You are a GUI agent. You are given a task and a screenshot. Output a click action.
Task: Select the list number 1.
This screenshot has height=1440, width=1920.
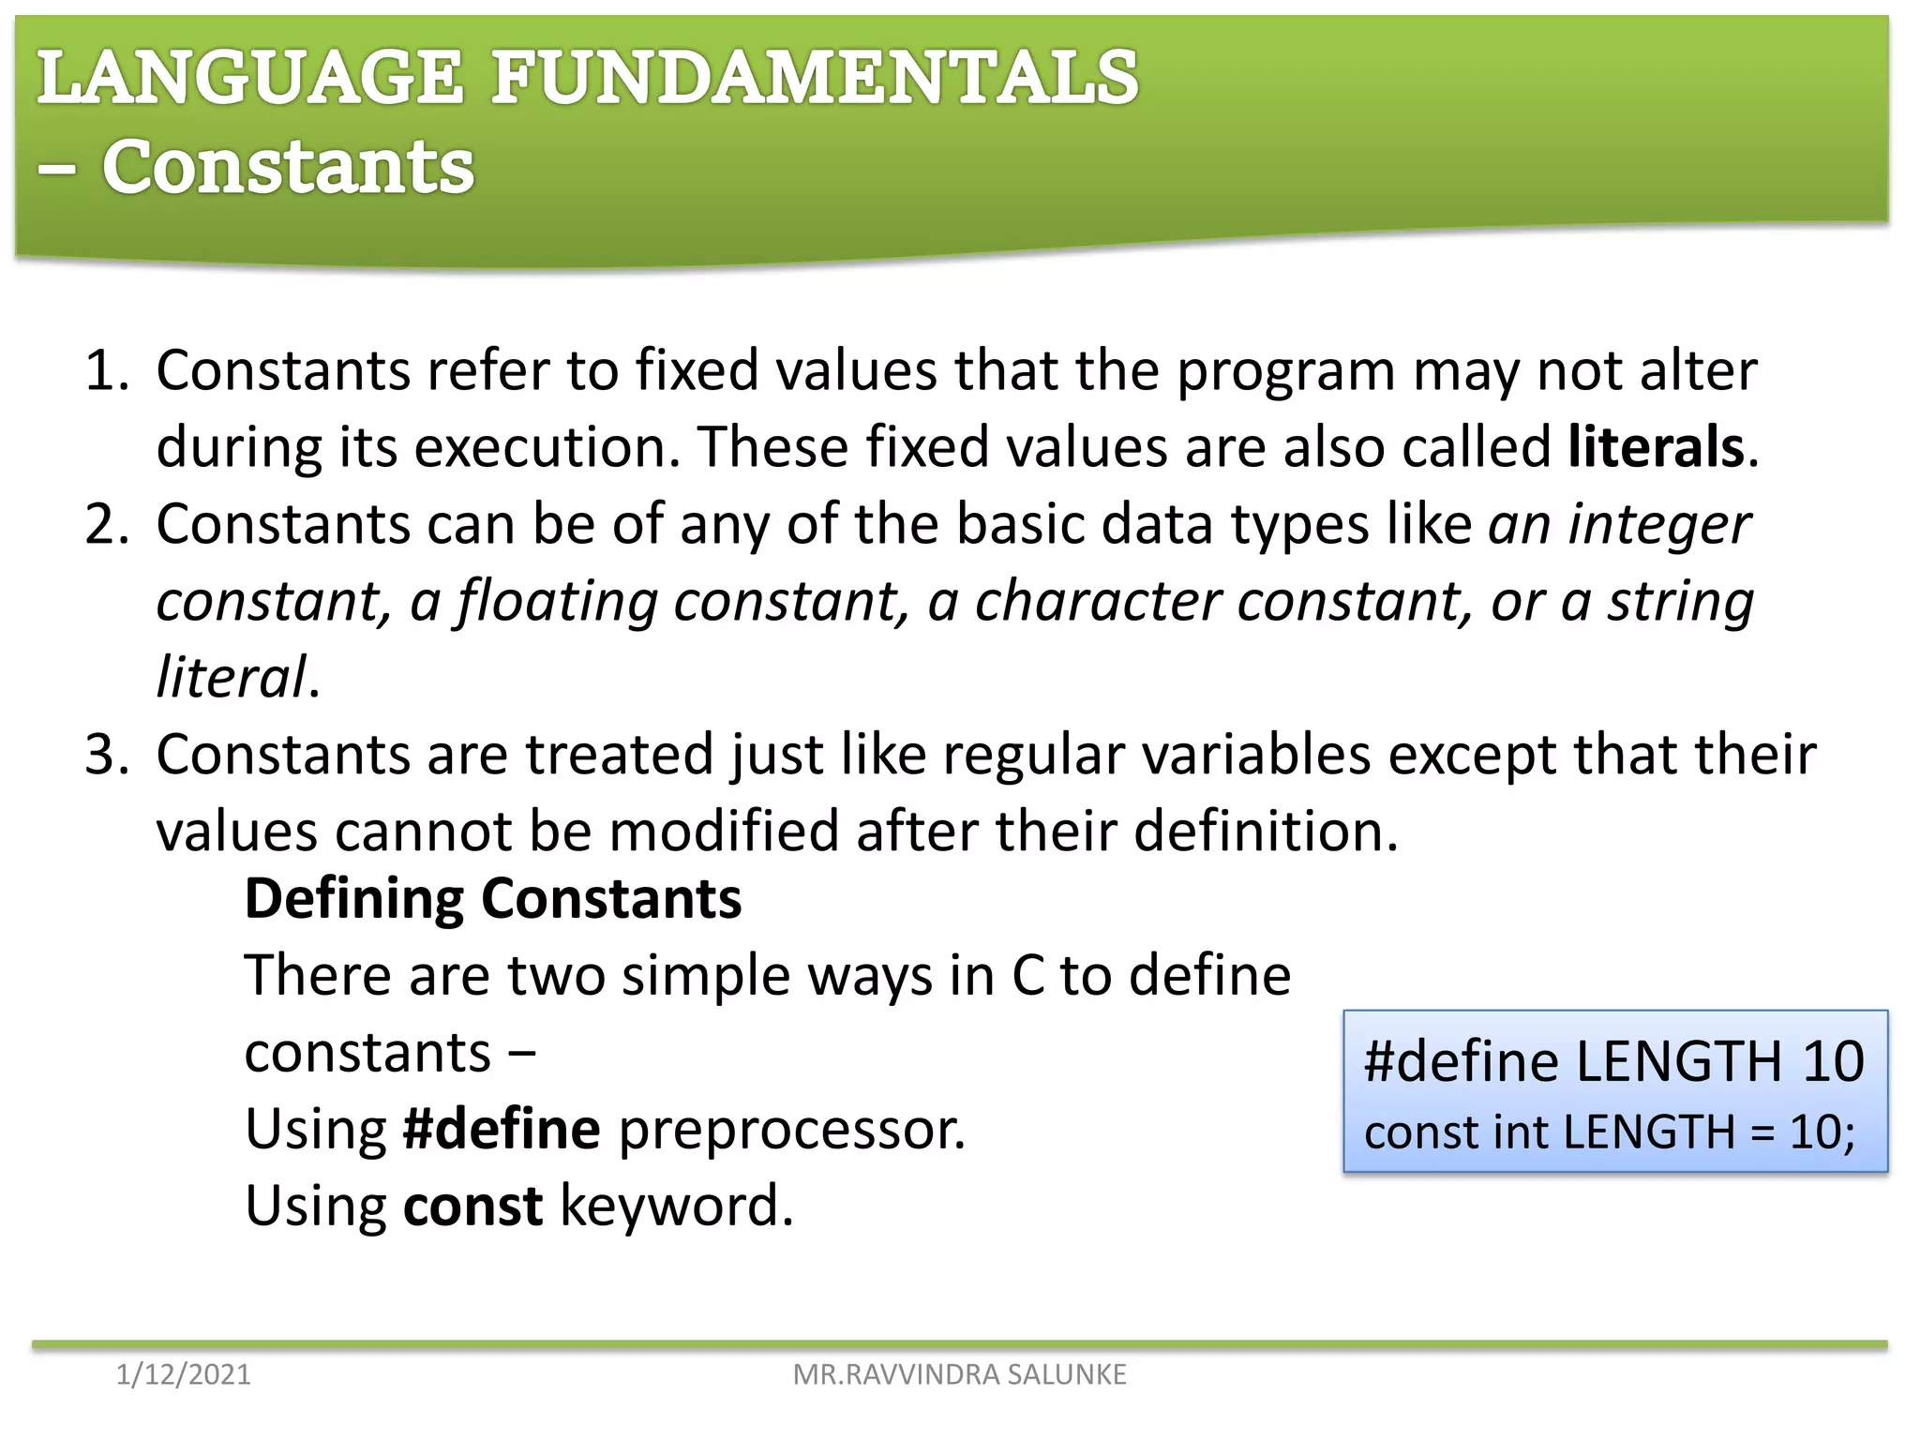click(106, 370)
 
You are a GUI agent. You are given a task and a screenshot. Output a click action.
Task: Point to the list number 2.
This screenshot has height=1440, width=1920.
click(106, 523)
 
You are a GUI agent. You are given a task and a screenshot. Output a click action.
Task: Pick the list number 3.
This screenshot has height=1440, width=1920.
click(106, 754)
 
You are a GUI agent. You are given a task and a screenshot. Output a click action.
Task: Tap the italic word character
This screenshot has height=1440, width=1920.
click(1098, 601)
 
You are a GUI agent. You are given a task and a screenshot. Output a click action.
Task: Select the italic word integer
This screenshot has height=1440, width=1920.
click(1659, 524)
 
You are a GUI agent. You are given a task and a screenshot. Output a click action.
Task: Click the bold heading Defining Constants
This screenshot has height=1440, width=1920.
click(493, 898)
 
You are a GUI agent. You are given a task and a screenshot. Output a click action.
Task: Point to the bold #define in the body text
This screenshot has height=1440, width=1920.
click(502, 1129)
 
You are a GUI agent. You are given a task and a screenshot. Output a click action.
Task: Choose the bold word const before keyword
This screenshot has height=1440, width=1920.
click(472, 1206)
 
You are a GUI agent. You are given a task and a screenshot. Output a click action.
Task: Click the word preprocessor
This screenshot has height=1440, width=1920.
click(792, 1130)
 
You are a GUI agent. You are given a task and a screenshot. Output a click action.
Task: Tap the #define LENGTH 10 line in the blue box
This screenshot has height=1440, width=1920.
click(1613, 1061)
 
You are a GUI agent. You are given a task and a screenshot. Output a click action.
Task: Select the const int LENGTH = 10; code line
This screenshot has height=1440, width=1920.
click(1610, 1132)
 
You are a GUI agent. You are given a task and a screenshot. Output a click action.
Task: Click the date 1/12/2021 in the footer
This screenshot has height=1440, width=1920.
click(184, 1374)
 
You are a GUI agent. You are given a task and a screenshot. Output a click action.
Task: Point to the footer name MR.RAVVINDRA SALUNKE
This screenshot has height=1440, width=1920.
click(959, 1374)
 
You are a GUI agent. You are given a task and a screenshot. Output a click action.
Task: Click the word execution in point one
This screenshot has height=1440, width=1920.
click(547, 447)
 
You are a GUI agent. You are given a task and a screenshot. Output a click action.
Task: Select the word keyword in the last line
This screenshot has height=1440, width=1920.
click(676, 1206)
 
